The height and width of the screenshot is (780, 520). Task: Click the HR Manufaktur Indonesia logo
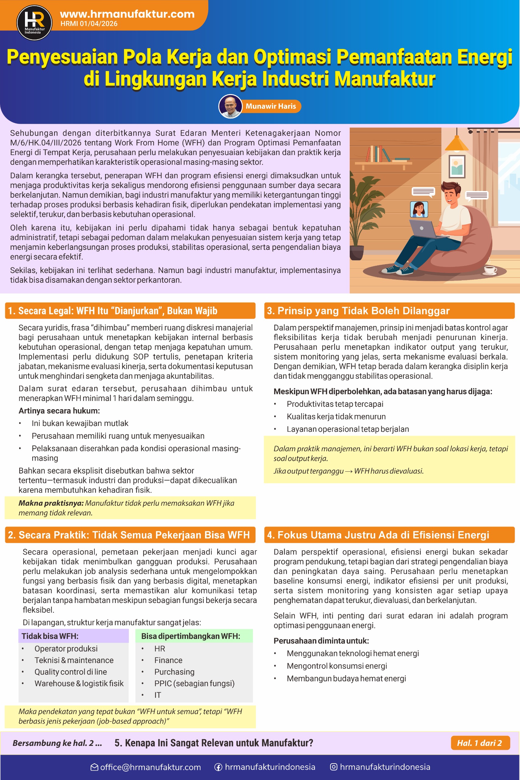34,23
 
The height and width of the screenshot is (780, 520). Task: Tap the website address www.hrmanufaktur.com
127,14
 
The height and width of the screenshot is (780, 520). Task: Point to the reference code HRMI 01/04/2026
89,23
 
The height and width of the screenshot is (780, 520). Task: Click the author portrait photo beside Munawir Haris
231,106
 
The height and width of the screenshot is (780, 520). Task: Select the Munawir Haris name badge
271,106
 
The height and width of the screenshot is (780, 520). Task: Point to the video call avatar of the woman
419,209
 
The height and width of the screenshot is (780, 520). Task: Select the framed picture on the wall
457,166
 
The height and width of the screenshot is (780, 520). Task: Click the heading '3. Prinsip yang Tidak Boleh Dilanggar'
358,311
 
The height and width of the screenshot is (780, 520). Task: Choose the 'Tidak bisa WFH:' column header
50,636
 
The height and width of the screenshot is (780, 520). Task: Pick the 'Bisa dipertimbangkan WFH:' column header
191,636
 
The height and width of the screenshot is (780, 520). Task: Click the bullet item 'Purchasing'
174,672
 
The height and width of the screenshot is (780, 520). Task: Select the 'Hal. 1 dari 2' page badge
479,743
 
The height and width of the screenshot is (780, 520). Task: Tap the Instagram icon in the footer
334,767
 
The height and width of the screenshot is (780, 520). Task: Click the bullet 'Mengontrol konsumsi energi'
337,666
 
